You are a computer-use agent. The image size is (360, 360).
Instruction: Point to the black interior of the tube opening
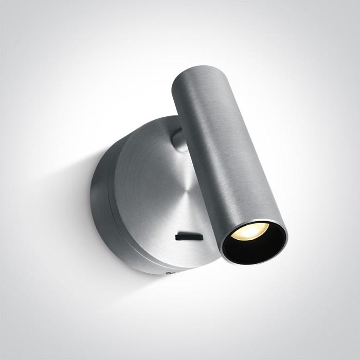[257, 244]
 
